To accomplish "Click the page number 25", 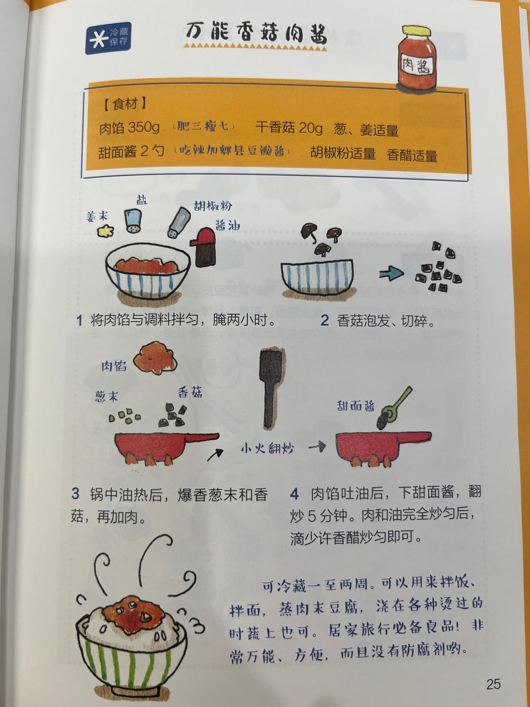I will click(x=493, y=684).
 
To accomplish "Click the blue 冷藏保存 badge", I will click(x=108, y=38).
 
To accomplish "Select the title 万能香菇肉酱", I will click(x=256, y=33).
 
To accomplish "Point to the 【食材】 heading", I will click(x=125, y=104).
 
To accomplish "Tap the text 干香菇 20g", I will click(x=289, y=128).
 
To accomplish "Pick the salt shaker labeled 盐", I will click(x=132, y=221).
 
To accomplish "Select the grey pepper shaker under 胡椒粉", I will click(x=179, y=222).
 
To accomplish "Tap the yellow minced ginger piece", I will click(x=106, y=230).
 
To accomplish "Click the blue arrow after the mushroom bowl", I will click(x=391, y=274).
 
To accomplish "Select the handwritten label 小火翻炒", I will click(x=267, y=448).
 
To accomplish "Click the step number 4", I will click(x=294, y=493).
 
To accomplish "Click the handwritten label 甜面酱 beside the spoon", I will click(x=356, y=406).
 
